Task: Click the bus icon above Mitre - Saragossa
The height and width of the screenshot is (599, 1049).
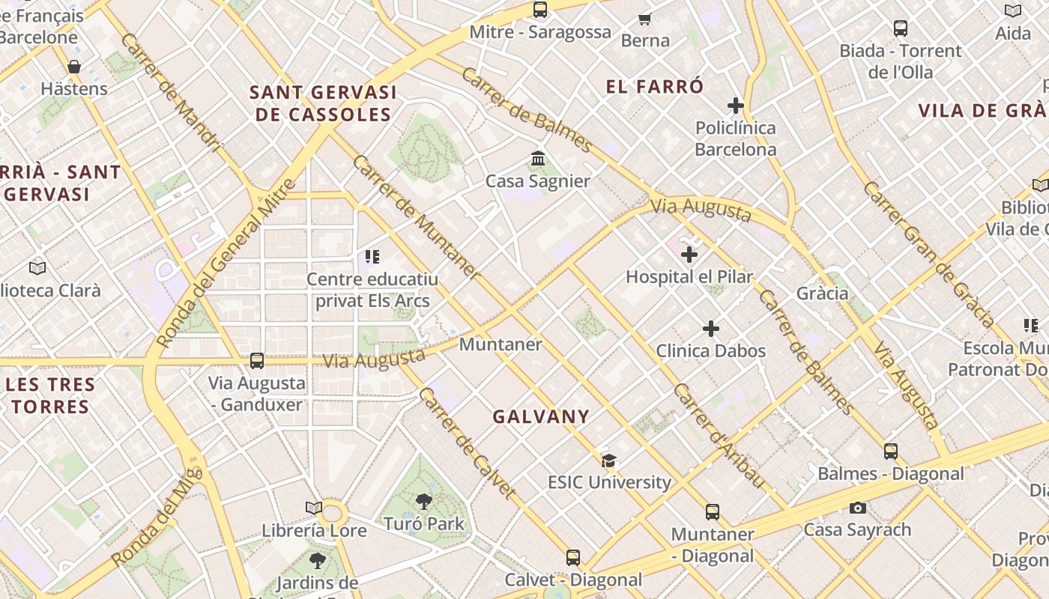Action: pos(539,10)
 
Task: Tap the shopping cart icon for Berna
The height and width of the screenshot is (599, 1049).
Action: pos(644,18)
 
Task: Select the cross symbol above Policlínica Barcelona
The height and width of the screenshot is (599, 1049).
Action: pos(735,106)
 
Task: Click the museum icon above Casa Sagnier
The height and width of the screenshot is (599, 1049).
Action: pos(537,159)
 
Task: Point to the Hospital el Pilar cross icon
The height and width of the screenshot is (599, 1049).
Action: pos(689,255)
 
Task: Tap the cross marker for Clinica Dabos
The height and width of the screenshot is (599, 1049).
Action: pos(710,329)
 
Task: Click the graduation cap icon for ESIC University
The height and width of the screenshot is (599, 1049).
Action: pos(608,460)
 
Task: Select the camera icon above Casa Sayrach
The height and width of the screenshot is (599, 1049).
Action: pos(857,508)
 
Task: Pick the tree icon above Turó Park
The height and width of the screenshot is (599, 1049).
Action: pos(424,502)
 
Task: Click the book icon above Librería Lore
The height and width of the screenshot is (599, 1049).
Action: pos(314,508)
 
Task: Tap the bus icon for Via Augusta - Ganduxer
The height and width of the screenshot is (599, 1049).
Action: pos(256,361)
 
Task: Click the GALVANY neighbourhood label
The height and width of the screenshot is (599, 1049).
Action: pos(541,417)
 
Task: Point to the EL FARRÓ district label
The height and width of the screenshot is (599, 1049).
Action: pos(655,87)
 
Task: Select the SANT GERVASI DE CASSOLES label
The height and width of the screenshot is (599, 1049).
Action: pos(323,103)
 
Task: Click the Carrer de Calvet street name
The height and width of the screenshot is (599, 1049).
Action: pos(467,442)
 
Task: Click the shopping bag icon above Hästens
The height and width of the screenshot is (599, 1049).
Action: pos(73,67)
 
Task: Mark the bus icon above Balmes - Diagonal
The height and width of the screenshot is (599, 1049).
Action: pos(890,451)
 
